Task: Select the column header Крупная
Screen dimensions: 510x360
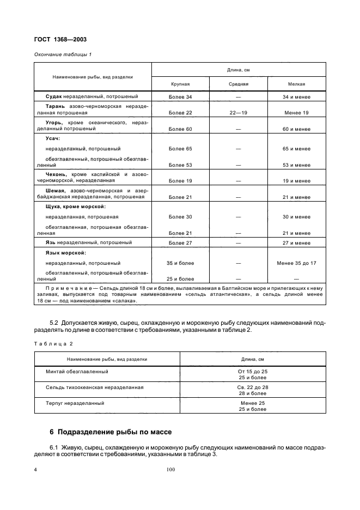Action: tap(180, 84)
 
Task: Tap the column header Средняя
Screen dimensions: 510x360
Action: tap(239, 84)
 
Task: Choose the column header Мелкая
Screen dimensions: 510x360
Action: tap(297, 84)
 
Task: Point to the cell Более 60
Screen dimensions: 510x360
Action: tap(180, 129)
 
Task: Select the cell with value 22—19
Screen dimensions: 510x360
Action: tap(239, 113)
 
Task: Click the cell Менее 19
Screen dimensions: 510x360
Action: tap(297, 113)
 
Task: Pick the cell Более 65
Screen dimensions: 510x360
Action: tap(180, 148)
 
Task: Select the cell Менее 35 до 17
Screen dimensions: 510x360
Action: tap(297, 263)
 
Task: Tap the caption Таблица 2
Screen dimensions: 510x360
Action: tap(53, 343)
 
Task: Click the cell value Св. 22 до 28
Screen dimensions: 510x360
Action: tap(253, 387)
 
